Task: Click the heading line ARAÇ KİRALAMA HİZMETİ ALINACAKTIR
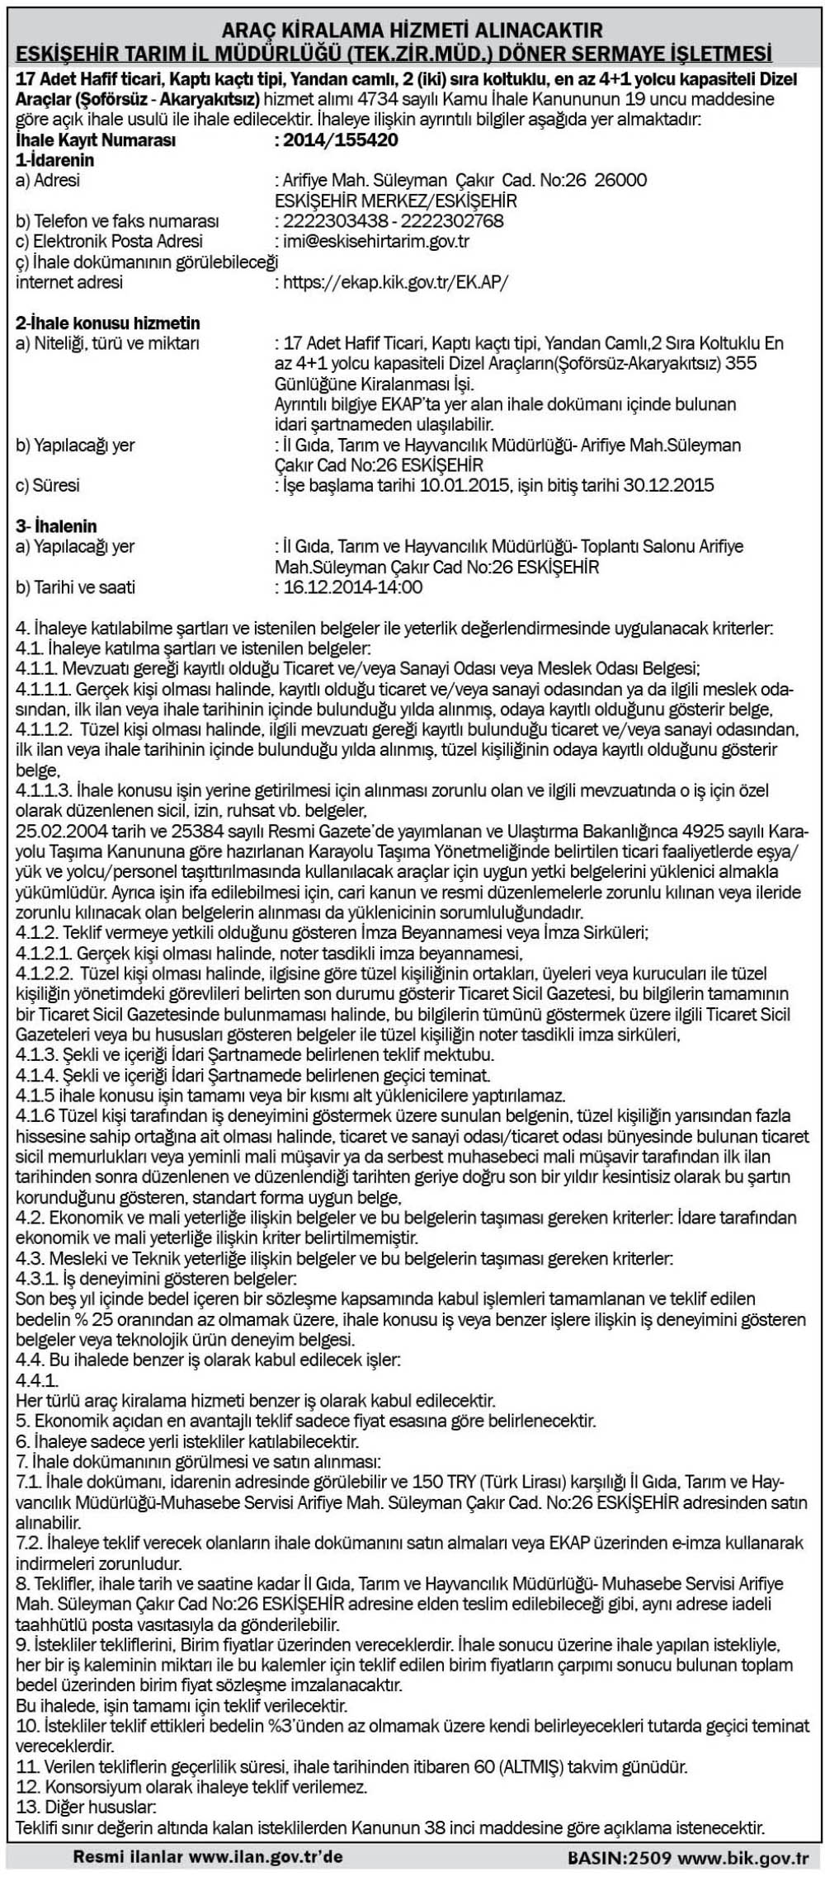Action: pos(412,31)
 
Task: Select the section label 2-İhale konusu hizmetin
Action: pos(108,323)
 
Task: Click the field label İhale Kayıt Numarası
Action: pos(96,140)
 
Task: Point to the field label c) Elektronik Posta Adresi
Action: pos(110,241)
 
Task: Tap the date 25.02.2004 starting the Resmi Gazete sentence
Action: pos(54,828)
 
